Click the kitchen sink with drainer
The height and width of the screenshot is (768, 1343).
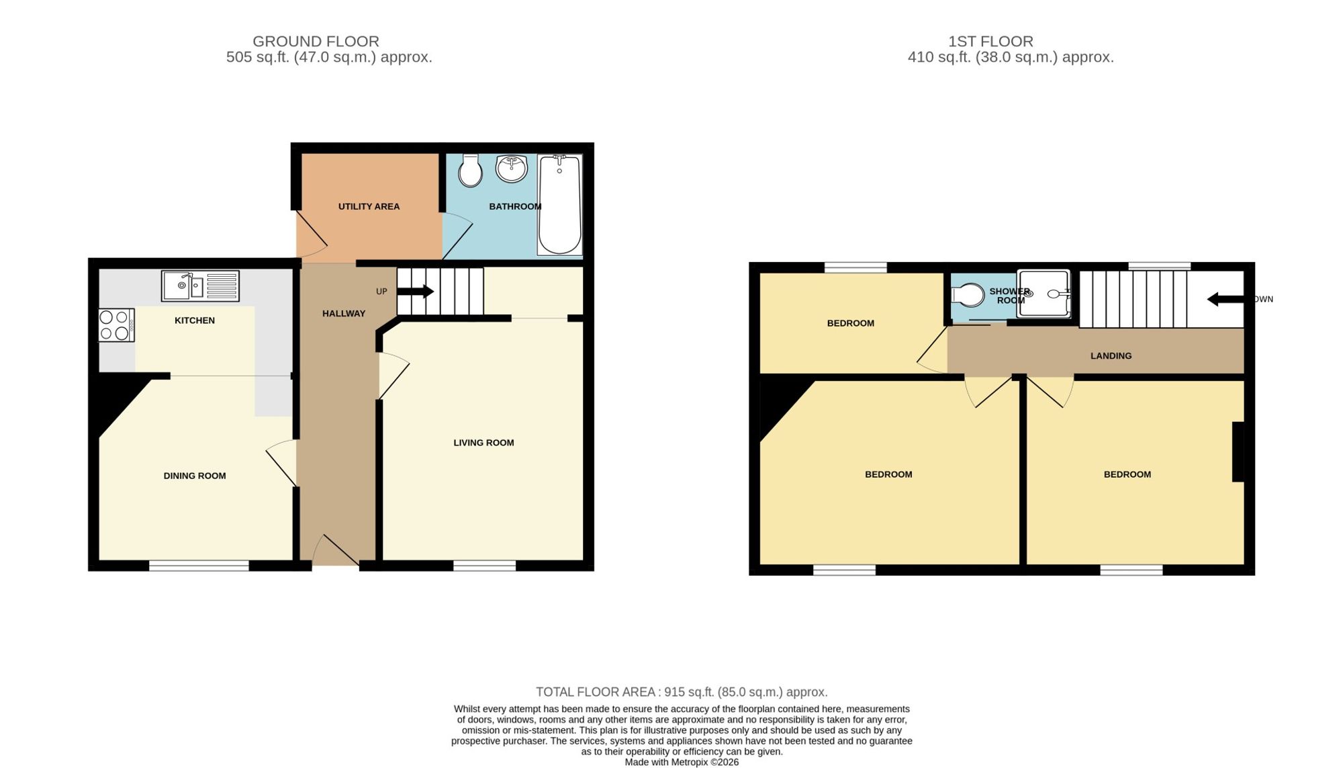pos(200,286)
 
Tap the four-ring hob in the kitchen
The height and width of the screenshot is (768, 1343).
pos(116,325)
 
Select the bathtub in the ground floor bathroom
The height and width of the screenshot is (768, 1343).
pos(559,205)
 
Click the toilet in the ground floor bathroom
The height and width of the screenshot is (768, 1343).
pos(470,171)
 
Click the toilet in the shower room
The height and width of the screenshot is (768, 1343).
pos(968,295)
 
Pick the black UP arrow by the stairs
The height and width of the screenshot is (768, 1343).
pos(416,292)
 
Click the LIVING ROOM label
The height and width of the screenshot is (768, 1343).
pos(483,443)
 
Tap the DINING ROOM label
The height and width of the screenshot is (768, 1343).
pos(195,476)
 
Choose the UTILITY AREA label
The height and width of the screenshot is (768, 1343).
pos(369,206)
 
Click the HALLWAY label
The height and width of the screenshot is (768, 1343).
pos(344,313)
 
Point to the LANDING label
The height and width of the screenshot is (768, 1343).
pos(1111,355)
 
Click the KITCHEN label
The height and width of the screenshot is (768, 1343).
pos(195,321)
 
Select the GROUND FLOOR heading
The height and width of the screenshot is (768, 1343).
pos(316,41)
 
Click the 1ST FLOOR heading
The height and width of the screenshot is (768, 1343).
pos(990,41)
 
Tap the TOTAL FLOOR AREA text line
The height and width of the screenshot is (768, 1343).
pos(682,691)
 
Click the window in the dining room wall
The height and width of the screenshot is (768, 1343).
pos(199,566)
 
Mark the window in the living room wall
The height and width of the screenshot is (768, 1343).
pos(484,566)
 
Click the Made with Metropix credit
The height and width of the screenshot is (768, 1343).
pos(682,762)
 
